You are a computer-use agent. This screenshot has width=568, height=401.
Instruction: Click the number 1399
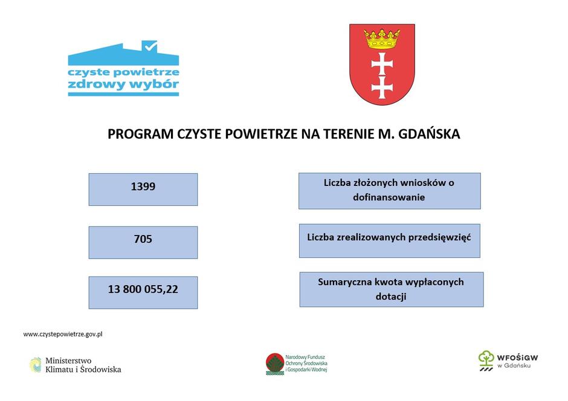143,187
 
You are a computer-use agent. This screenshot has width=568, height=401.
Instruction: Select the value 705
143,240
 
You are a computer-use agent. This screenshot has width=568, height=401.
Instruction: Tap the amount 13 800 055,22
143,289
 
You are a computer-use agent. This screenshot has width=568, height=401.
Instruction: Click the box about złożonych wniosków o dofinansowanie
389,190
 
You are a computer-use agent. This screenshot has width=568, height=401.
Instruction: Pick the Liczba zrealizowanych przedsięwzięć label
389,237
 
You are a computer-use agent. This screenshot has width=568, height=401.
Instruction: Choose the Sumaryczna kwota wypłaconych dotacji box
391,289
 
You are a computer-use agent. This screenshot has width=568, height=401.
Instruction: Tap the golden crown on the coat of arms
382,39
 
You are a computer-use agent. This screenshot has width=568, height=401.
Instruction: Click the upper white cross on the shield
382,62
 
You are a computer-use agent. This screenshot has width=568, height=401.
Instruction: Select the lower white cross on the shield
382,86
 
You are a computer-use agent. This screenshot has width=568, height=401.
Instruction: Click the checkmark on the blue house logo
149,45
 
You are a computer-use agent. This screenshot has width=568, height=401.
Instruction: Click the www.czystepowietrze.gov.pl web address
63,334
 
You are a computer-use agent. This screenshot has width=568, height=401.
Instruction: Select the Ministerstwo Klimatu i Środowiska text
83,365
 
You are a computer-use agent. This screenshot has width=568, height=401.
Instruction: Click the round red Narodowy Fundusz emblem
275,364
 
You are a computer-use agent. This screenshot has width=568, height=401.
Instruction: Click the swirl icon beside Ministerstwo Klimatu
36,365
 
